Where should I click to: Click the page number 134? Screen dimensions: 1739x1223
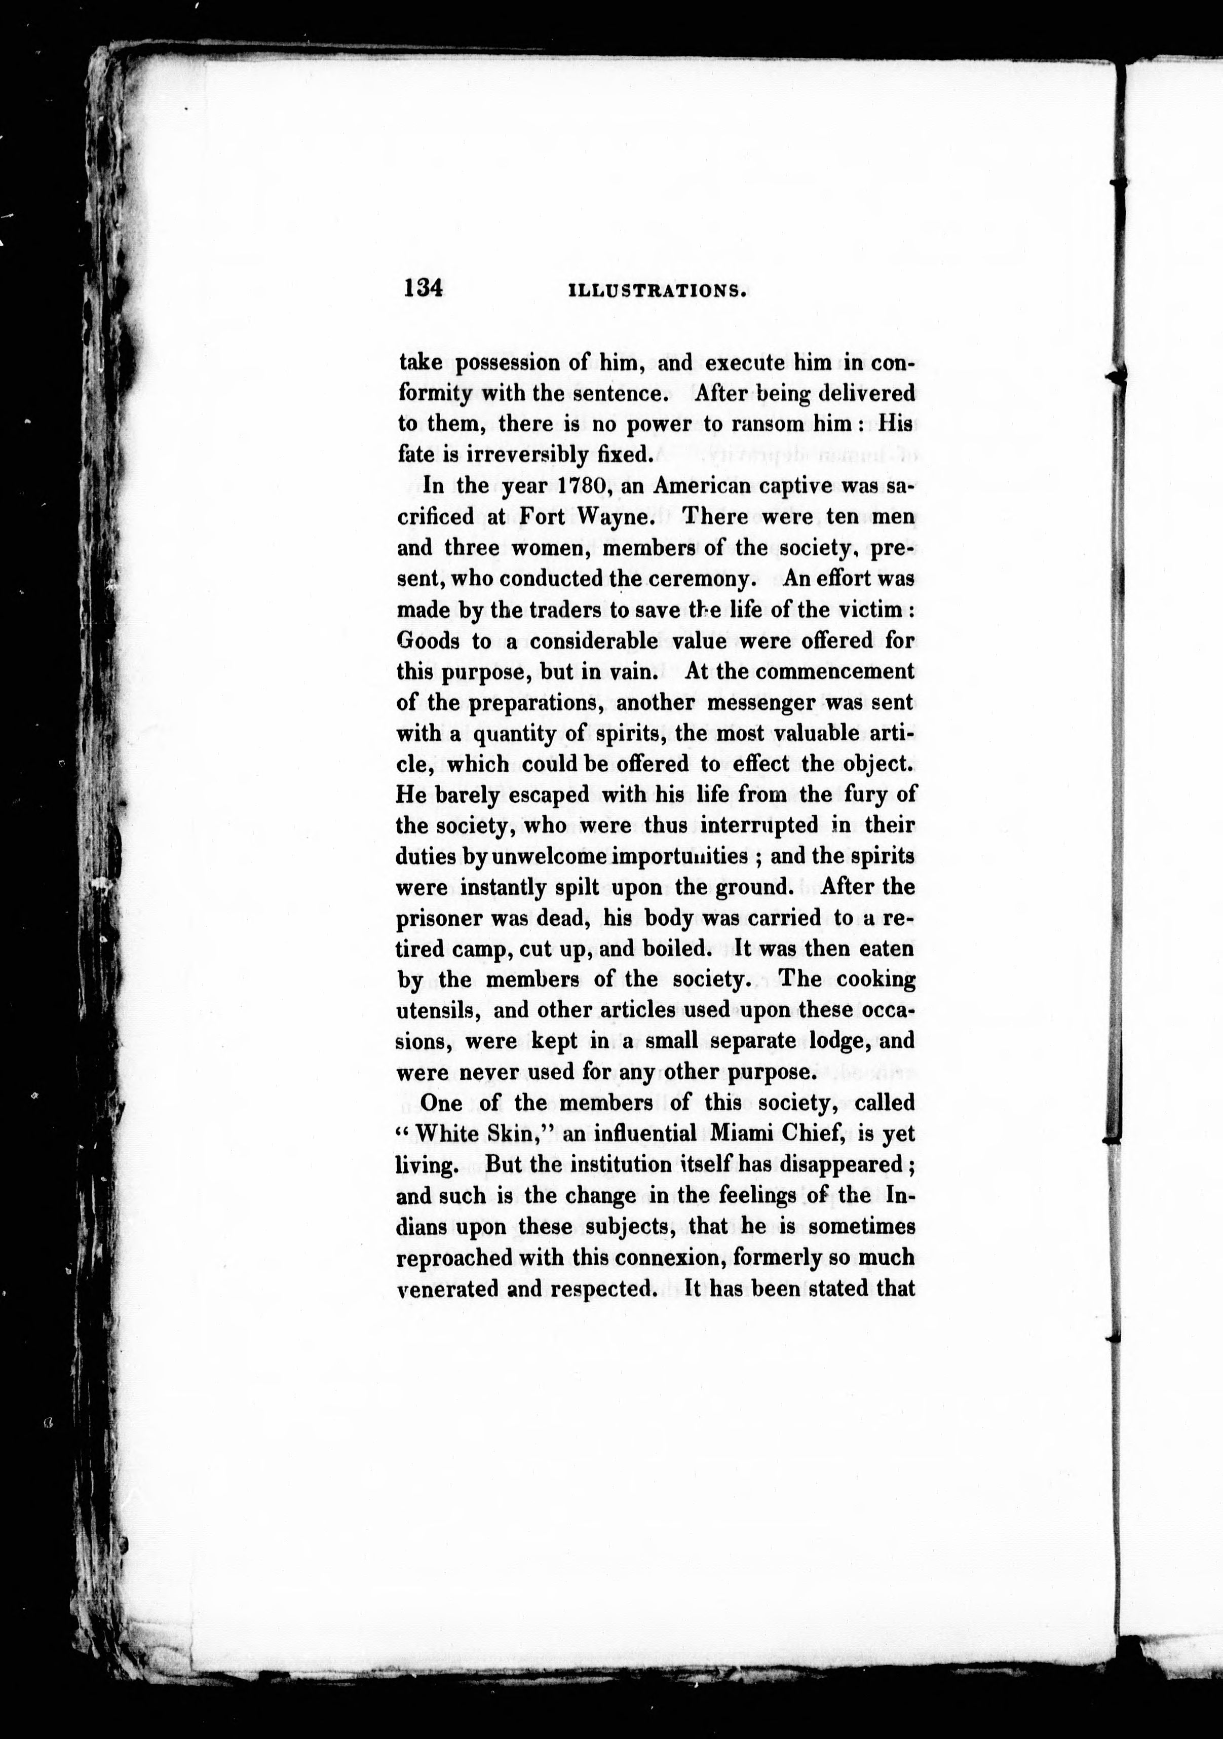click(x=423, y=289)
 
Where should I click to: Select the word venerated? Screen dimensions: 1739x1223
click(x=445, y=1289)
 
